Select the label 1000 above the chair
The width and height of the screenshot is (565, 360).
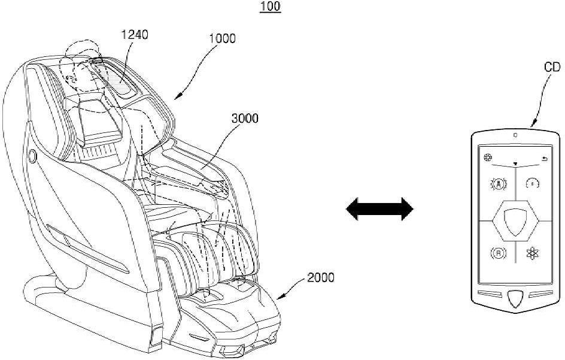pyautogui.click(x=222, y=38)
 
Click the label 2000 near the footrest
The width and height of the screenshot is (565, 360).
pyautogui.click(x=321, y=277)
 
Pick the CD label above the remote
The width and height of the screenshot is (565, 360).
pyautogui.click(x=551, y=67)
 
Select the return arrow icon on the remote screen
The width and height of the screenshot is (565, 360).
pyautogui.click(x=543, y=159)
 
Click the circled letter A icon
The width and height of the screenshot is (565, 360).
pyautogui.click(x=497, y=184)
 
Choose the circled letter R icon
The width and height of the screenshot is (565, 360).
pyautogui.click(x=497, y=253)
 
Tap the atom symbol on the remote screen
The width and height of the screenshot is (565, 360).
pyautogui.click(x=532, y=253)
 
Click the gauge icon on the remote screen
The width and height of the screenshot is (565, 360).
pyautogui.click(x=532, y=184)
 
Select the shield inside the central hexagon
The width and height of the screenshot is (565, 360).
pyautogui.click(x=515, y=220)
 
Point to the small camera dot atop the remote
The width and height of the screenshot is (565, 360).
pyautogui.click(x=515, y=135)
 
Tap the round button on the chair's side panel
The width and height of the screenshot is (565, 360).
pyautogui.click(x=31, y=158)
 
